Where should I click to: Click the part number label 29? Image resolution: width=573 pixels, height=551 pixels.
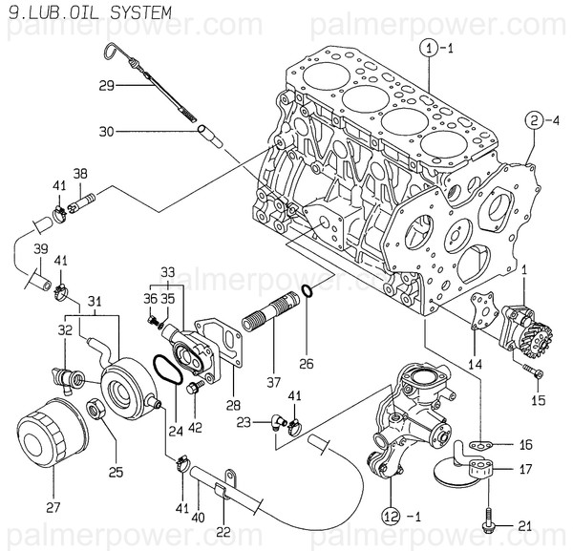point(107,86)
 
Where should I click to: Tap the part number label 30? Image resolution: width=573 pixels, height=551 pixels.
point(107,131)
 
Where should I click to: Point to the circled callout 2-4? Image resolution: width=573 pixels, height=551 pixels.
point(541,120)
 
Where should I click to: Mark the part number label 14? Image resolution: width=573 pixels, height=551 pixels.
point(475,364)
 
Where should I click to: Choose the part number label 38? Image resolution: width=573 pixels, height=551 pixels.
point(80,174)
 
